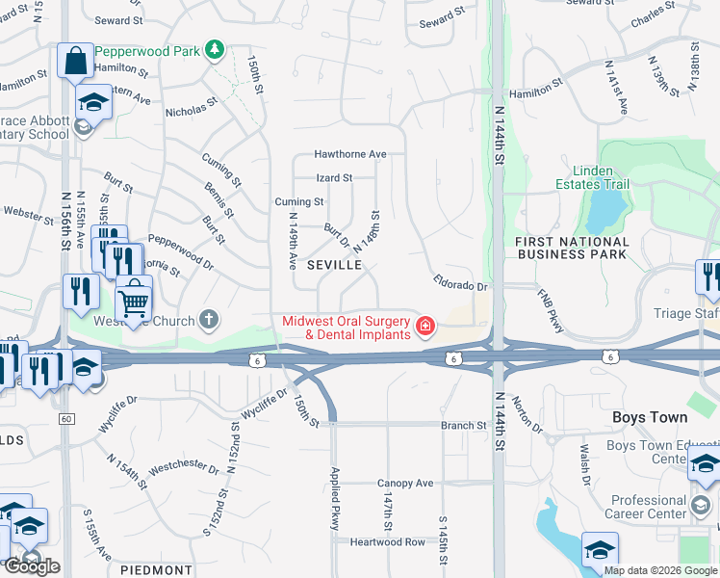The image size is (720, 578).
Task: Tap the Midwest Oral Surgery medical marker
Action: pos(424,328)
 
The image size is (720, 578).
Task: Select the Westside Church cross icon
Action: pos(210,320)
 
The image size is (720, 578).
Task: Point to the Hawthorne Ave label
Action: pos(349,154)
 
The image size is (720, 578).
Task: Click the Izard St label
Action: pos(335,178)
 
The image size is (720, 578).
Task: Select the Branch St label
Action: pos(464,425)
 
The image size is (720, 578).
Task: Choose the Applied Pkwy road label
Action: pos(336,499)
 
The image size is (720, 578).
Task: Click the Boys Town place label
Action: pos(650,417)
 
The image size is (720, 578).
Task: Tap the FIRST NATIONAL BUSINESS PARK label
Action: pos(572,248)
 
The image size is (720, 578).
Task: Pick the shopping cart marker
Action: pos(135,302)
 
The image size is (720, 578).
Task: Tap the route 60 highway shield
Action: pos(65,418)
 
